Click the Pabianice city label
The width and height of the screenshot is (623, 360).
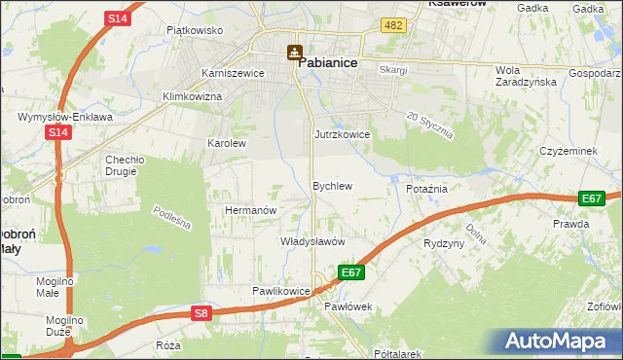tap(327, 61)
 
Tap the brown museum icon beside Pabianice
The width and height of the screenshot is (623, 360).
tap(293, 52)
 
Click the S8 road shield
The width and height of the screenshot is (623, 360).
tap(201, 313)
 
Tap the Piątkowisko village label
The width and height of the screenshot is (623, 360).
tap(195, 30)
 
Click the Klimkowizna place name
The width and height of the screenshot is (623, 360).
tap(192, 97)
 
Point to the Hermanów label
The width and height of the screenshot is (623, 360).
tap(251, 210)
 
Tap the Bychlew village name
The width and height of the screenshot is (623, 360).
tap(331, 185)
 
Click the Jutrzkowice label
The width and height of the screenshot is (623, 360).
tap(342, 134)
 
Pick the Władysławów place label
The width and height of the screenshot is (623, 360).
tap(313, 241)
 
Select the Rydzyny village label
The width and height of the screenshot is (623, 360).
tap(444, 243)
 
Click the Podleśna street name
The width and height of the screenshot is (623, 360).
tap(172, 218)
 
